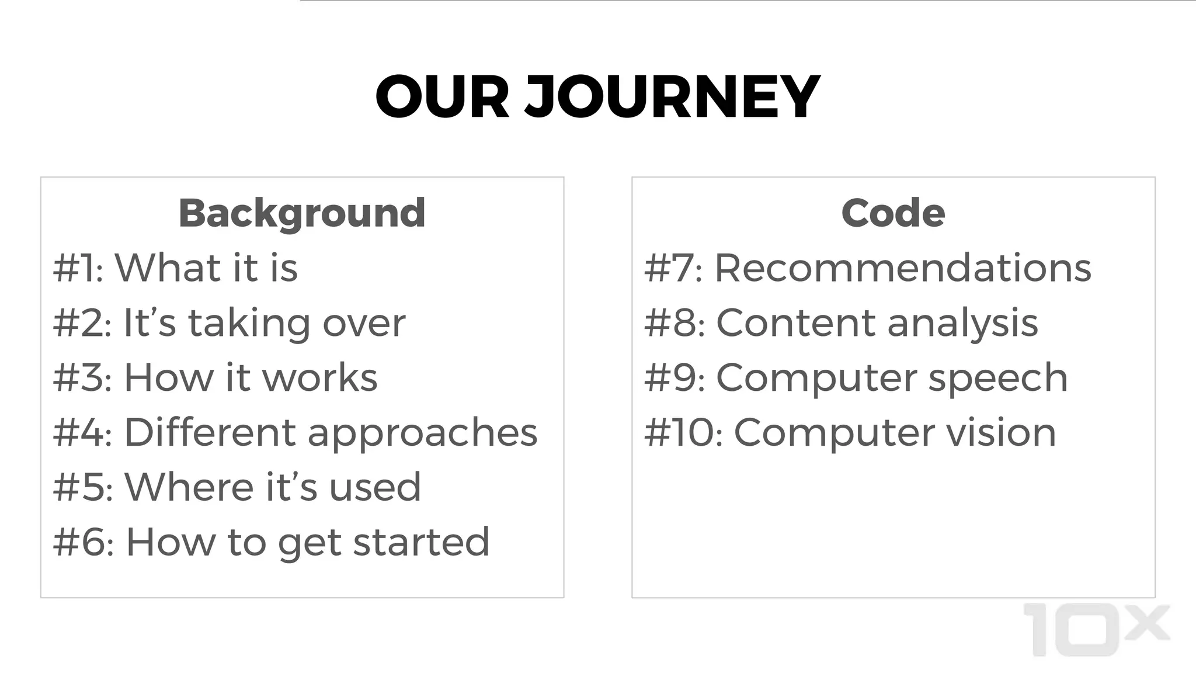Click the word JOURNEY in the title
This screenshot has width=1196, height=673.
[x=673, y=97]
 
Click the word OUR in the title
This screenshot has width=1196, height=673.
[x=442, y=97]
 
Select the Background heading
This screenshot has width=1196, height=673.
[x=302, y=213]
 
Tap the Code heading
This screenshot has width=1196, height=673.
[x=893, y=213]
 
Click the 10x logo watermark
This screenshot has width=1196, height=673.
[x=1097, y=630]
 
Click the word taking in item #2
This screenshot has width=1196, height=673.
[x=249, y=324]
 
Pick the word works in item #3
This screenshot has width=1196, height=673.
[x=320, y=377]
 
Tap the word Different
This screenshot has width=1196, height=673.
[x=210, y=432]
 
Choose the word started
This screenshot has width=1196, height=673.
[x=421, y=542]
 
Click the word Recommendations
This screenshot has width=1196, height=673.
[x=903, y=268]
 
